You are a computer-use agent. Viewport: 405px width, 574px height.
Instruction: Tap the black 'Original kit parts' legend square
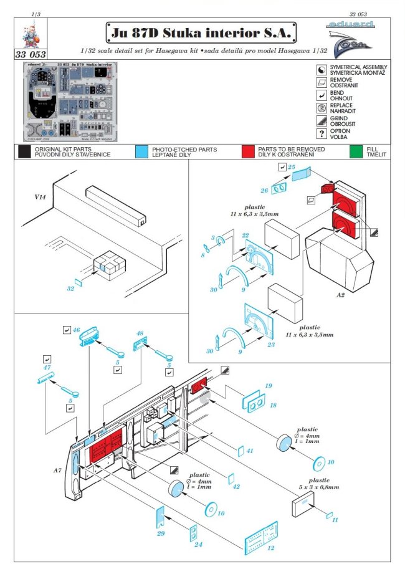[x=24, y=152]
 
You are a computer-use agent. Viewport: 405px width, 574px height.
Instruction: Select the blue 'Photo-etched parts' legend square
[x=141, y=152]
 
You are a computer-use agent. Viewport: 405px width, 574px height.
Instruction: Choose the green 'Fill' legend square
[x=356, y=152]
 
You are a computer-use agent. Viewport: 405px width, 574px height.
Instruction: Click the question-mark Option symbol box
[x=322, y=133]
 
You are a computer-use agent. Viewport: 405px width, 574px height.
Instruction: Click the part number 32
[x=70, y=289]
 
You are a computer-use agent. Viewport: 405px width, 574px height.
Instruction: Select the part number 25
[x=291, y=168]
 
